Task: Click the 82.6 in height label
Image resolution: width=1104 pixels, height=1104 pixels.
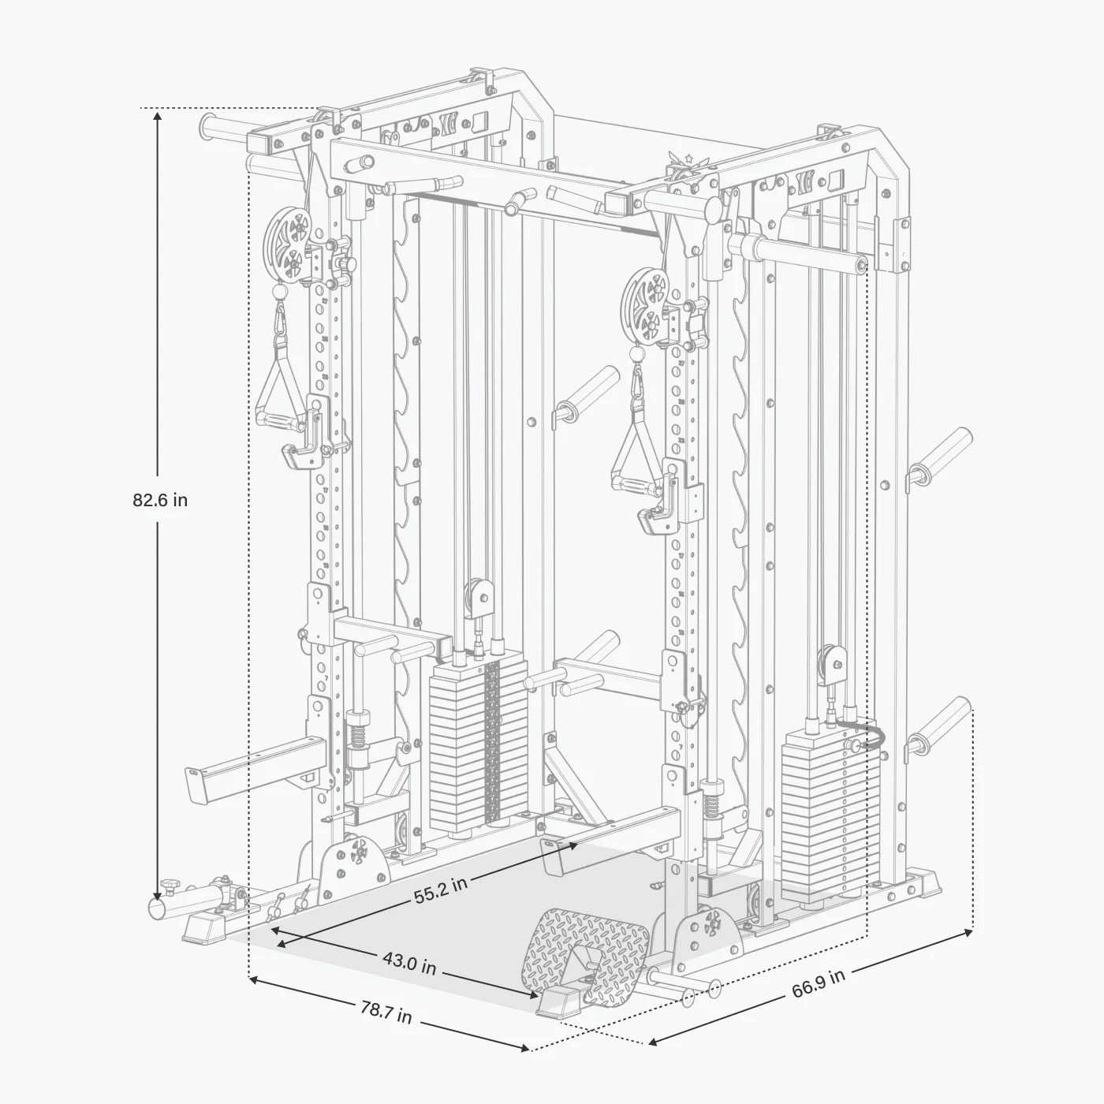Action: pos(160,500)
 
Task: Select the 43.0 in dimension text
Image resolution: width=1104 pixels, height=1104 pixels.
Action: pos(409,962)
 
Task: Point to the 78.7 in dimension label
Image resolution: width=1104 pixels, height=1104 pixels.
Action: pos(386,1012)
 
